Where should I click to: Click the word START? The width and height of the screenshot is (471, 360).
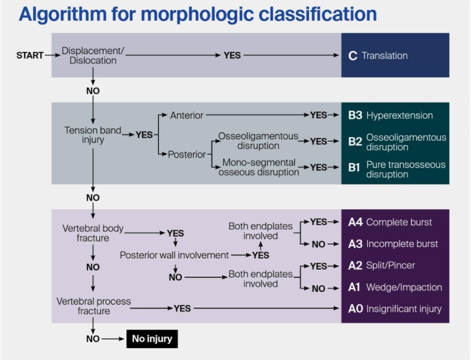[30, 55]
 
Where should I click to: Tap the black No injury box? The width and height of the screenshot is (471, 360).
[152, 339]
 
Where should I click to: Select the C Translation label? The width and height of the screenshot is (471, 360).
[378, 56]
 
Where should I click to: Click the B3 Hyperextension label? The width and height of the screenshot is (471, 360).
[391, 116]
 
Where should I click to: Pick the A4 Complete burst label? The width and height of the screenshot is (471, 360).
[390, 222]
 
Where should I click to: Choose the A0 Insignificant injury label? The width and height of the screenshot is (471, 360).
[395, 309]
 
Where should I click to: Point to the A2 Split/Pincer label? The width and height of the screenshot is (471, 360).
[382, 265]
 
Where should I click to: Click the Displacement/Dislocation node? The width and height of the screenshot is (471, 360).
[93, 56]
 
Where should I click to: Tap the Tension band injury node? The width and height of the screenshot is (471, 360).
[93, 135]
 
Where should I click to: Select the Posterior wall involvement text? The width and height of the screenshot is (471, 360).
[174, 255]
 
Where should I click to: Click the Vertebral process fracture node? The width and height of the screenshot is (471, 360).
[94, 306]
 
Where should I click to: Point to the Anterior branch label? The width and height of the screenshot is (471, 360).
[186, 116]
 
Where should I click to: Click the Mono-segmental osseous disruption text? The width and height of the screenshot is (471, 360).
[258, 167]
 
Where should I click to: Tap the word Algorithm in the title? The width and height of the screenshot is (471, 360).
[63, 15]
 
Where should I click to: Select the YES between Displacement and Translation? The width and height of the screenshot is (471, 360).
[232, 55]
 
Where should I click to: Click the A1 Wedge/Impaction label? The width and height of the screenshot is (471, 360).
[395, 287]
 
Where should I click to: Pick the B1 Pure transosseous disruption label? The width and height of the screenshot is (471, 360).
[397, 170]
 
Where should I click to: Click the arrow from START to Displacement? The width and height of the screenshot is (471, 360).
[52, 55]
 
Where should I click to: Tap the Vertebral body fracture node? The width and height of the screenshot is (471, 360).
[93, 233]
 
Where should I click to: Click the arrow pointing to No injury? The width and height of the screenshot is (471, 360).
[113, 339]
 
